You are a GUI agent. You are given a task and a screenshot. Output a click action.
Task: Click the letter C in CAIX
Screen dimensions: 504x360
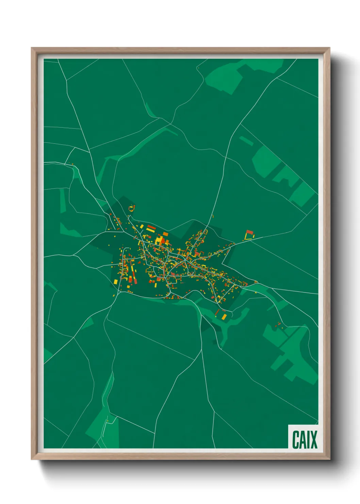click(295, 440)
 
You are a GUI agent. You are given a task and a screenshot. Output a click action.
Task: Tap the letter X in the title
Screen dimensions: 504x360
click(313, 440)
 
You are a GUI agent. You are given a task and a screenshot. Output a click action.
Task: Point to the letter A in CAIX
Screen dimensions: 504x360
click(303, 440)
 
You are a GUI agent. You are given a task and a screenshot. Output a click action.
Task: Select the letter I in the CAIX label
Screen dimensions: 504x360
click(308, 440)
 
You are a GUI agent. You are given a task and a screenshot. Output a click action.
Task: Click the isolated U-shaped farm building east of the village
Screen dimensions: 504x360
click(249, 235)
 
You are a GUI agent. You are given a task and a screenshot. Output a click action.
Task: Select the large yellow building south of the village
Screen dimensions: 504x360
click(224, 317)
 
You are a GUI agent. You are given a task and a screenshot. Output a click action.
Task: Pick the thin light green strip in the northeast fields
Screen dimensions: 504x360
click(246, 141)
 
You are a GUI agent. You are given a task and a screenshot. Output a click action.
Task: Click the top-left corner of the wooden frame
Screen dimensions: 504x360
click(32, 49)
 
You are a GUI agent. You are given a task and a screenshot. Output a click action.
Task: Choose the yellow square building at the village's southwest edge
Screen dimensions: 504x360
click(115, 281)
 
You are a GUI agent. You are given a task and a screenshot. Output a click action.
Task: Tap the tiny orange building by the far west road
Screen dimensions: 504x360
click(72, 164)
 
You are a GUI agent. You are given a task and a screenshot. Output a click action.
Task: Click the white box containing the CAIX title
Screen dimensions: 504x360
click(304, 437)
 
